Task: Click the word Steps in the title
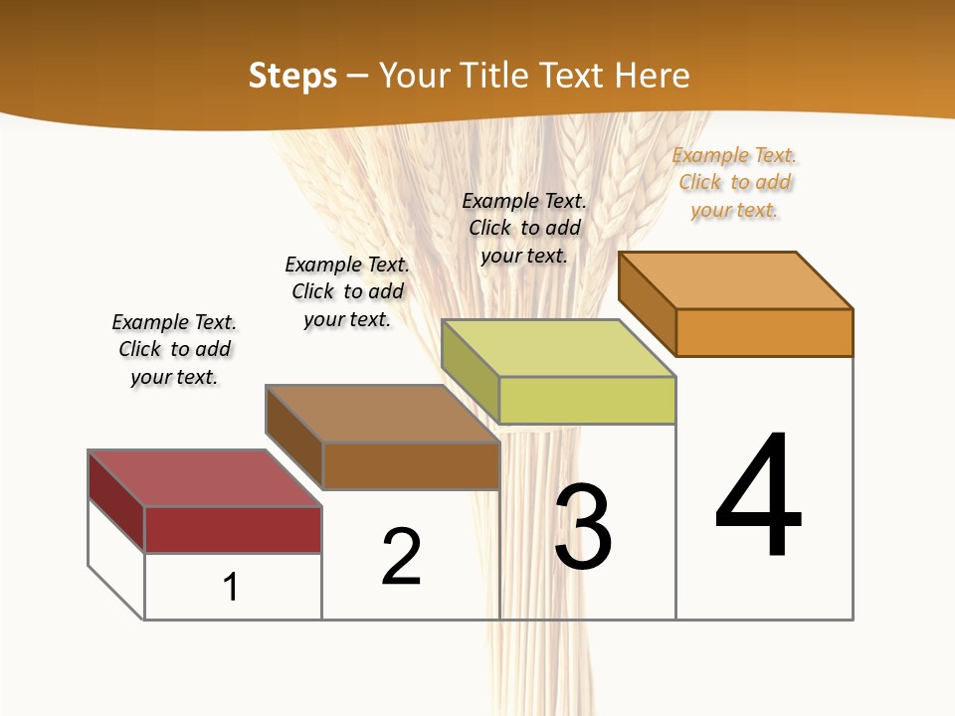pos(292,76)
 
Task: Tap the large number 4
pos(758,495)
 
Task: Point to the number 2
pos(401,556)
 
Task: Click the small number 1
pos(231,587)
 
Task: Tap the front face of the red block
pos(233,529)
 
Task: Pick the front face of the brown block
pos(411,465)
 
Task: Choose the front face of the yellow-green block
pos(587,400)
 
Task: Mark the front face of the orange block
pos(764,332)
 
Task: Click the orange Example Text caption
pos(734,182)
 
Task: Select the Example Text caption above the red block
pos(174,349)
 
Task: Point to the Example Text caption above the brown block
pos(347,291)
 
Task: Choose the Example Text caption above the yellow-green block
pos(524,228)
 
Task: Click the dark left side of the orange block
pos(647,303)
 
